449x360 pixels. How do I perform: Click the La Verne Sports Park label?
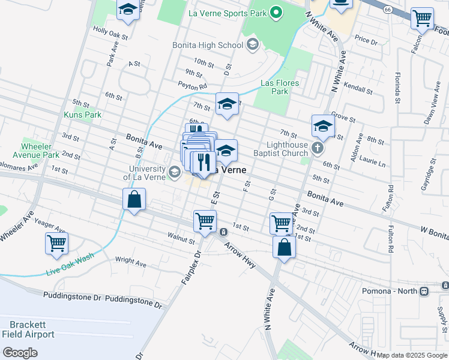(x=226, y=12)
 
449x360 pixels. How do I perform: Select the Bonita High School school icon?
(x=252, y=44)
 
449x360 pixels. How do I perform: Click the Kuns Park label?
(x=83, y=115)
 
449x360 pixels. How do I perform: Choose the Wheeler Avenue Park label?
(x=40, y=151)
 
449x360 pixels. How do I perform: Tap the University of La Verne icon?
(x=174, y=173)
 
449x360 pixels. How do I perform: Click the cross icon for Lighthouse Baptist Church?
(x=318, y=147)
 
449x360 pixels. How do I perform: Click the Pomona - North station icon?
(x=424, y=291)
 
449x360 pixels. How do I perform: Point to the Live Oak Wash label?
(x=70, y=265)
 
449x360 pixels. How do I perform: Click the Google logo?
(x=20, y=353)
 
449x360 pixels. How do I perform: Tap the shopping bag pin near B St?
(x=134, y=199)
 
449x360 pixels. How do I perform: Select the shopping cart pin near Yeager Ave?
(x=56, y=243)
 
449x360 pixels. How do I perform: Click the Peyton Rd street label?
(x=192, y=85)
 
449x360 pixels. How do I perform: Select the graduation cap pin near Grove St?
(x=323, y=127)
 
